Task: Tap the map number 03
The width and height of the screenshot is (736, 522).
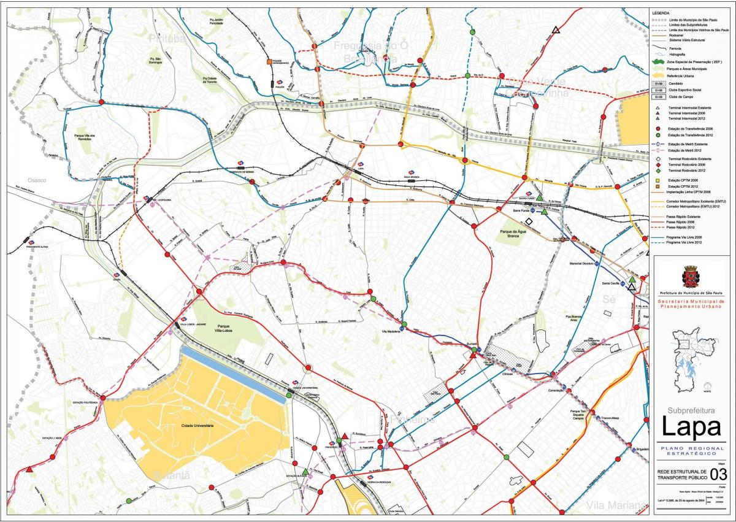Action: [x=719, y=474]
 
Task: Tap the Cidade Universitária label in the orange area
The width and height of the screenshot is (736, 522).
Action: [x=197, y=425]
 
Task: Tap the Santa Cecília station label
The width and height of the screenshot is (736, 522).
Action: [x=610, y=283]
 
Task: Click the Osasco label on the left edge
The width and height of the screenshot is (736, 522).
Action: [x=37, y=180]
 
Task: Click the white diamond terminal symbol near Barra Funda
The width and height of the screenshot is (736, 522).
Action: [x=529, y=221]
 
